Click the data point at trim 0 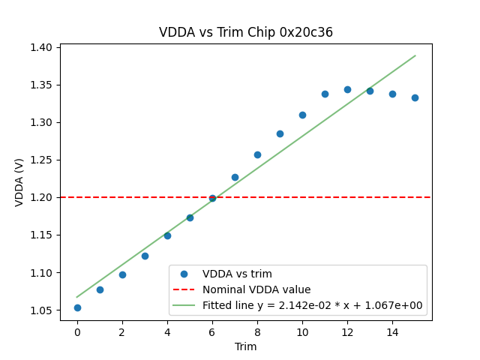point(77,307)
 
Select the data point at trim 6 point(212,198)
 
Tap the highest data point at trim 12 point(347,89)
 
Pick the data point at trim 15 point(415,97)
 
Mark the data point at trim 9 point(280,133)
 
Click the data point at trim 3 point(145,256)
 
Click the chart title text point(246,32)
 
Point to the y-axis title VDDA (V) point(20,182)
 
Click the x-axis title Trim point(246,346)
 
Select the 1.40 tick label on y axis point(40,47)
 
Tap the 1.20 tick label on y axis point(40,197)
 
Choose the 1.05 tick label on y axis point(40,310)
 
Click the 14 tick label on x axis point(392,331)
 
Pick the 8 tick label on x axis point(257,331)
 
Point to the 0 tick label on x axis point(77,331)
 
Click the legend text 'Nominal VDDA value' point(256,289)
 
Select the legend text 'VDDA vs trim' point(237,274)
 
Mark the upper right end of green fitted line point(415,55)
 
